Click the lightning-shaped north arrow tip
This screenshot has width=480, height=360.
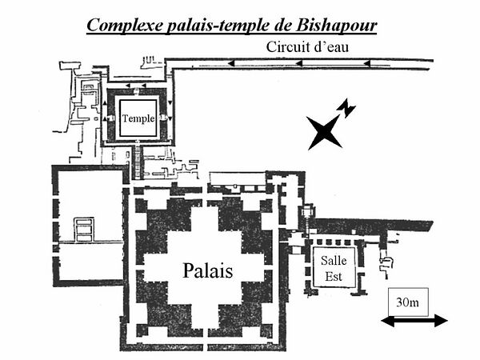[x=346, y=107]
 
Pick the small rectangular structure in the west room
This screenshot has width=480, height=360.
[x=84, y=229]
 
